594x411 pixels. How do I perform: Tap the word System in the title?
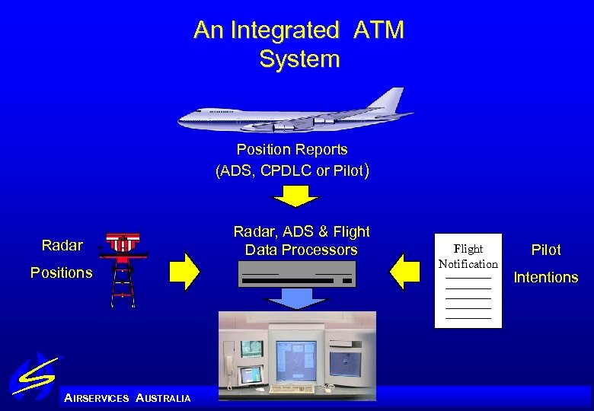click(299, 59)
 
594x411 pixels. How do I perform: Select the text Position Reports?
click(292, 149)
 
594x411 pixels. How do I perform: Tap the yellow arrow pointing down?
click(295, 196)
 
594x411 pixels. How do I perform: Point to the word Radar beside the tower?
click(62, 245)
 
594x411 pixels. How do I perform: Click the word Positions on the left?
click(61, 272)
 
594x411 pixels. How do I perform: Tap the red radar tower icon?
click(123, 266)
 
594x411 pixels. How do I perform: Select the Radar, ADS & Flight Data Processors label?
click(301, 241)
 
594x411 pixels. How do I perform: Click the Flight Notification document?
click(468, 280)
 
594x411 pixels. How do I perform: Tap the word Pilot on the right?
click(545, 250)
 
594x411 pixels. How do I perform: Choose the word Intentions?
click(545, 277)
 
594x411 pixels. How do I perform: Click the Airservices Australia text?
click(128, 398)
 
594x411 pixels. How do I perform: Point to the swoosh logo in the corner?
click(34, 377)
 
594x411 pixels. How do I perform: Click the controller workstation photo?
click(296, 355)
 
